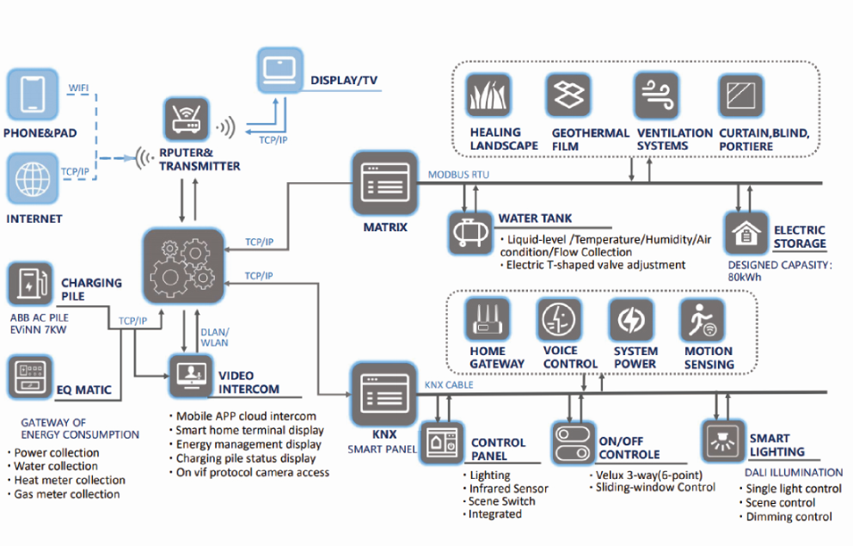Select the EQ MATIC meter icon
pyautogui.click(x=29, y=377)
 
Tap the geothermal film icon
pyautogui.click(x=570, y=95)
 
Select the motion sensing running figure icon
pyautogui.click(x=702, y=320)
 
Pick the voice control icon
pyautogui.click(x=560, y=320)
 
